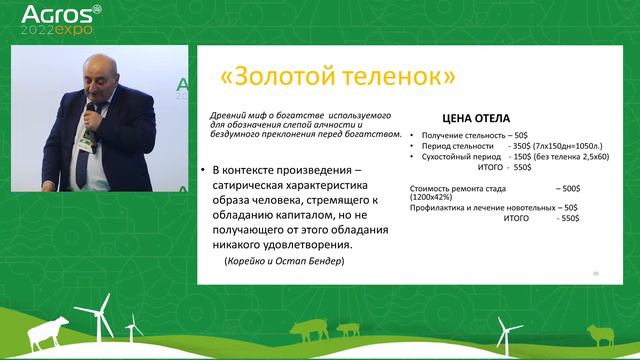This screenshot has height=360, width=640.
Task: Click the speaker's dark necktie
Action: coord(83,160)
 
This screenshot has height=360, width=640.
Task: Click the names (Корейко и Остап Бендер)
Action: coord(284,261)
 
